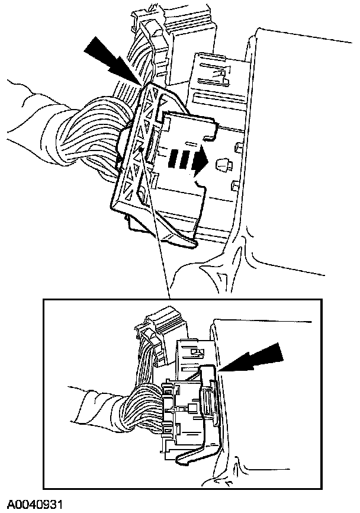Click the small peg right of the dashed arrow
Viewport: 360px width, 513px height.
[x=224, y=164]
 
